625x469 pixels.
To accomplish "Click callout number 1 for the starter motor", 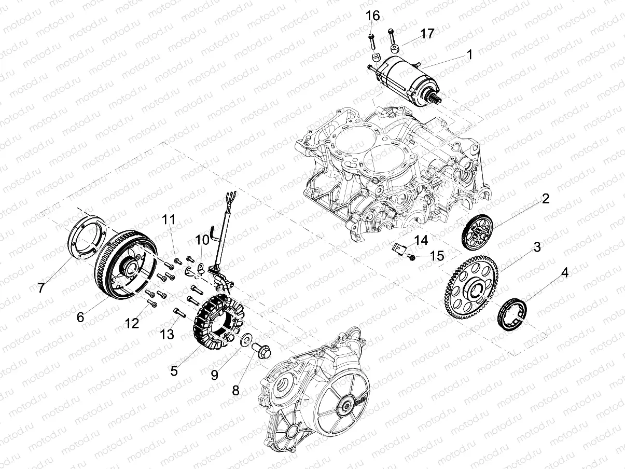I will [469, 54].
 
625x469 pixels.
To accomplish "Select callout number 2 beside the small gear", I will [546, 199].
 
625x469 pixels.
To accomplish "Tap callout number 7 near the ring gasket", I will [41, 286].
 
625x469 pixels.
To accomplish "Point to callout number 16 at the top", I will [372, 16].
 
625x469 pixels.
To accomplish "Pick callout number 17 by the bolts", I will [427, 34].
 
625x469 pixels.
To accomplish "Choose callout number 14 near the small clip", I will [421, 240].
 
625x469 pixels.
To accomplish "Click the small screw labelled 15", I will [412, 256].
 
